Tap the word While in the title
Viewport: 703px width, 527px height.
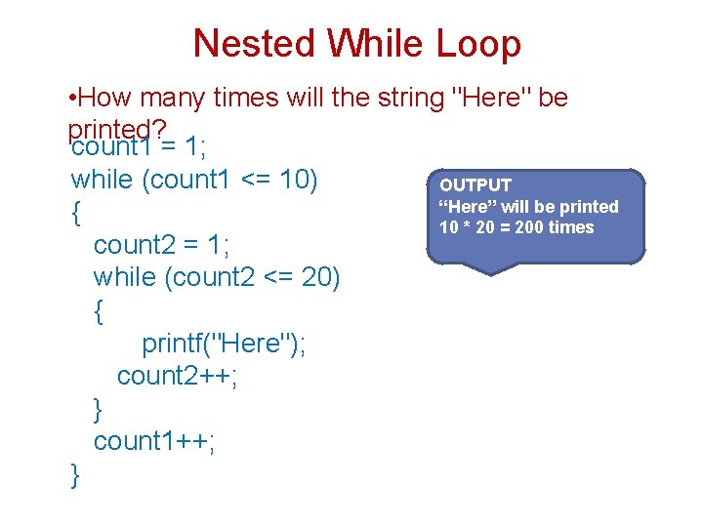pos(376,44)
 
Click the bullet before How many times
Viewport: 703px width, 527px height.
pos(75,99)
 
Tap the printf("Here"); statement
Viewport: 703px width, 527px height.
pos(224,344)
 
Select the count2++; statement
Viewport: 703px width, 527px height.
pos(177,376)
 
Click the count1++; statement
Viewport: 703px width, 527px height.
pos(154,441)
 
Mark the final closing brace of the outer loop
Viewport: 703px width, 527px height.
pos(76,475)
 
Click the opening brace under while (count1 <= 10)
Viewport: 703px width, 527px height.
pos(76,214)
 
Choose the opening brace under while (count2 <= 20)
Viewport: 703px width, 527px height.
pos(99,311)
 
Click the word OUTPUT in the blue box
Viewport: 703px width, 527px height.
pos(476,185)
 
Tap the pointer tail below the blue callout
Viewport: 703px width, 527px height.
pos(493,269)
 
